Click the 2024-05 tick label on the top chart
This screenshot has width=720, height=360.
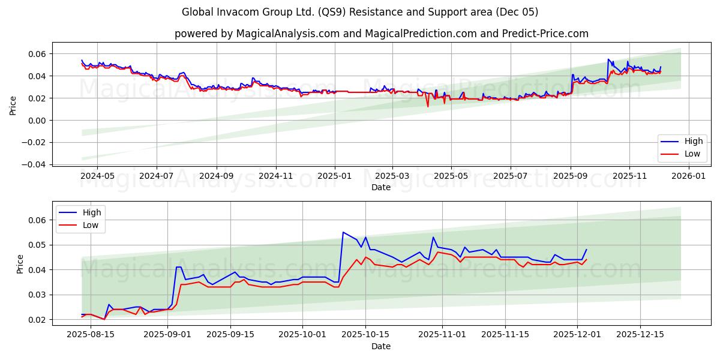click(97, 177)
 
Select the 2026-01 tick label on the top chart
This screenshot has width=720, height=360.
click(688, 177)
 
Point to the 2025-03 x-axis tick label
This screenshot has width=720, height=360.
click(392, 177)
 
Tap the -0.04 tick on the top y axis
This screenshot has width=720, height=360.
click(36, 164)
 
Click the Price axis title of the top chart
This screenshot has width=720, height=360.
click(13, 104)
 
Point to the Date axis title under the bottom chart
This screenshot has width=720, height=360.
click(380, 346)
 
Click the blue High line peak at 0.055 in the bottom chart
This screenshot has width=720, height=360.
click(343, 232)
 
